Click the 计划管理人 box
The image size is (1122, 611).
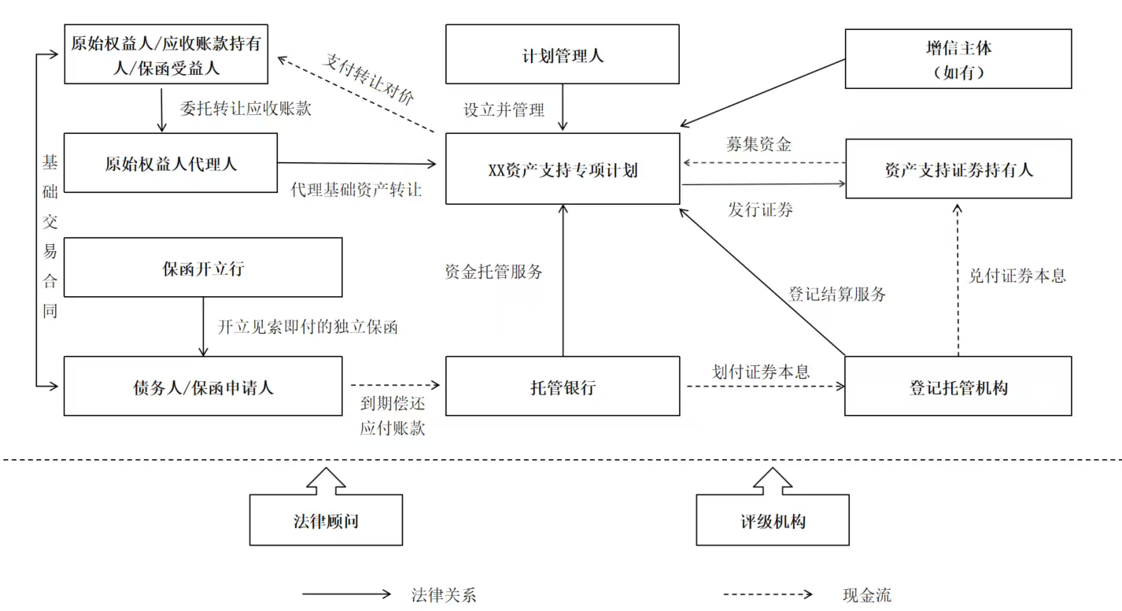(x=562, y=54)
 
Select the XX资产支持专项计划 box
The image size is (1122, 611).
(x=562, y=169)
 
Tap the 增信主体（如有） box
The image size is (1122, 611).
(x=958, y=59)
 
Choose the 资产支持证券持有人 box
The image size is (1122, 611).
(x=958, y=168)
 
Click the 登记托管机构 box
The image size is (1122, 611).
(x=958, y=387)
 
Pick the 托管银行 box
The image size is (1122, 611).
(x=562, y=387)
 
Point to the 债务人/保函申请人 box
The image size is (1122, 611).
(x=203, y=387)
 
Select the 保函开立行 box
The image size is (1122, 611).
(x=203, y=268)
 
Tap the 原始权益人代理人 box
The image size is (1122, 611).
(x=170, y=164)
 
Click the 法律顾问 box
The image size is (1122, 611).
(x=326, y=520)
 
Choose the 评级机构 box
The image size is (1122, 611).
(x=772, y=520)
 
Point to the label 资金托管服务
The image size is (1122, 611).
(x=493, y=272)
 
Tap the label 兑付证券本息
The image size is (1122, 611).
(x=1017, y=276)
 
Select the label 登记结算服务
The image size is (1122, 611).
(x=837, y=294)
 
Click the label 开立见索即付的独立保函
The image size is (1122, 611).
(x=308, y=327)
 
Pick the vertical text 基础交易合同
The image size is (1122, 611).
(x=50, y=236)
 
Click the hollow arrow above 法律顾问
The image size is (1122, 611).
(x=326, y=479)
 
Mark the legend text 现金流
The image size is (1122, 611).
(x=866, y=595)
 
